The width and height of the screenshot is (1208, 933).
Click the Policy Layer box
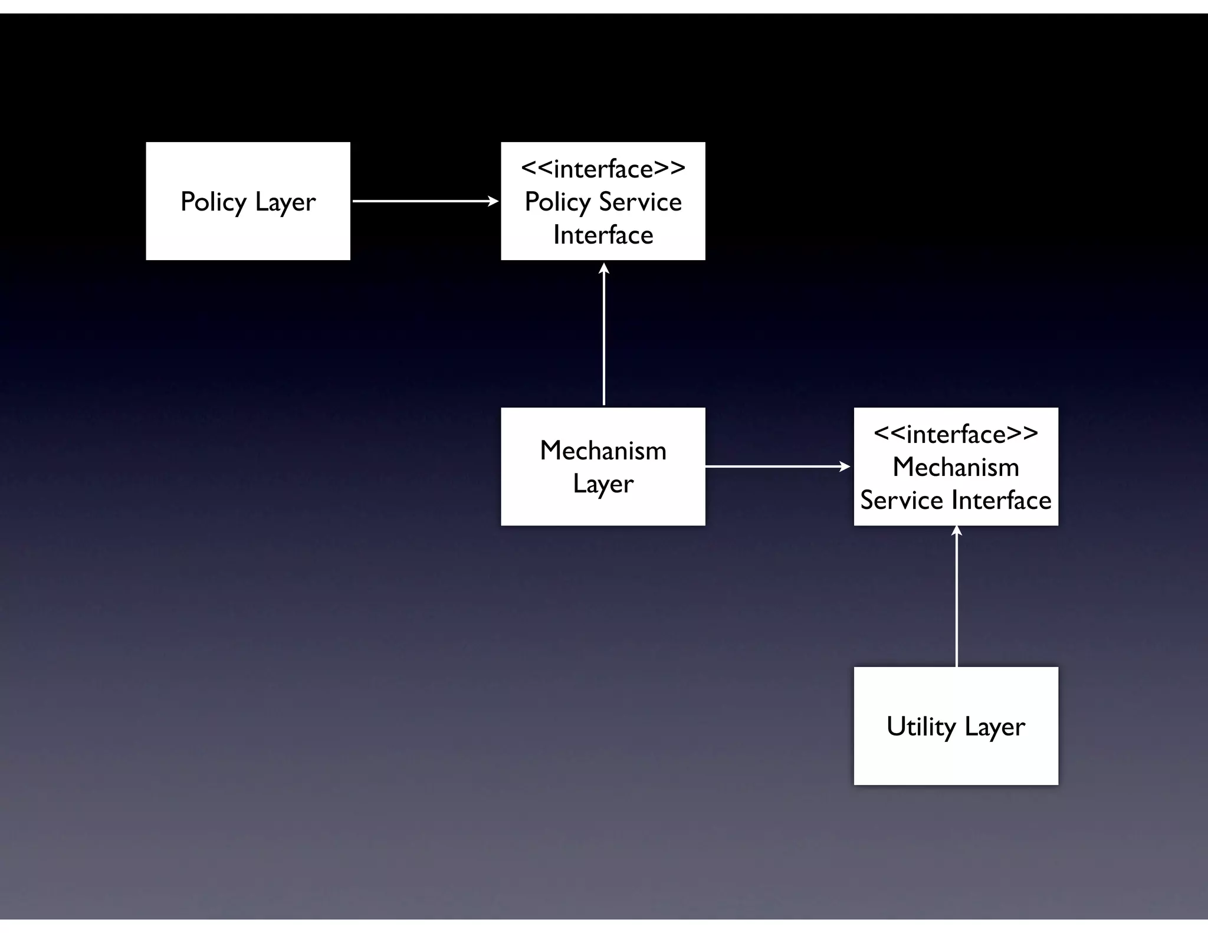[x=248, y=201]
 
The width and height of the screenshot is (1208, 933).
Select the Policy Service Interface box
[x=603, y=201]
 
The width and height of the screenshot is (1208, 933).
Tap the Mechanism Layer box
[x=603, y=466]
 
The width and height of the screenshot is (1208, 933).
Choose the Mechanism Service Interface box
[x=956, y=466]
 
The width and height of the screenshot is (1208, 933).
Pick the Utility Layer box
[x=956, y=725]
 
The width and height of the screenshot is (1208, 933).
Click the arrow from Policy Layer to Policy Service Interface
[x=425, y=201]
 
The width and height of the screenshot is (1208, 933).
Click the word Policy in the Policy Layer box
[x=213, y=202]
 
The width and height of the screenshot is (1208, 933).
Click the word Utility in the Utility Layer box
[x=921, y=727]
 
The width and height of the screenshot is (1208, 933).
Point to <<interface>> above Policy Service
[x=603, y=169]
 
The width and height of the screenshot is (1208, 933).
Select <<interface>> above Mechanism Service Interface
[x=956, y=434]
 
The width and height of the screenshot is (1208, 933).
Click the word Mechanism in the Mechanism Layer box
[x=603, y=451]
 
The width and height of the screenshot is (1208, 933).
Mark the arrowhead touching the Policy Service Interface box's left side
[x=494, y=201]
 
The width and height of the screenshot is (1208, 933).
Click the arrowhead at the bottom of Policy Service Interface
[x=604, y=268]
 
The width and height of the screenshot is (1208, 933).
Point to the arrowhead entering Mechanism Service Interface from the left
[x=845, y=466]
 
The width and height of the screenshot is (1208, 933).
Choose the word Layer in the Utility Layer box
[x=994, y=727]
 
